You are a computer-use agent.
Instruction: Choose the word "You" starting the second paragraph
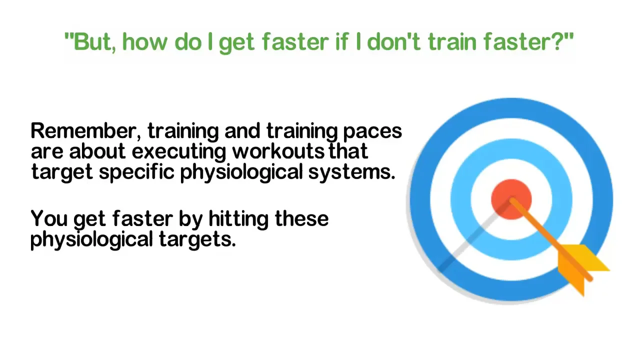pos(48,219)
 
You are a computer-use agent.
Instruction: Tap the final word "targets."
pos(197,240)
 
